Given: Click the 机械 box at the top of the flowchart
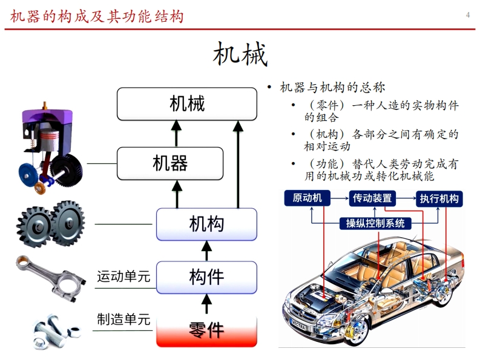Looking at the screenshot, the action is [187, 104].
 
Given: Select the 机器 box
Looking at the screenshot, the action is [170, 163].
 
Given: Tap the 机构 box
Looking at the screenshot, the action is [206, 224].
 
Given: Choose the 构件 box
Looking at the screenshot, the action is [206, 277].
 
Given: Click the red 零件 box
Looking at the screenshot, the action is [206, 331].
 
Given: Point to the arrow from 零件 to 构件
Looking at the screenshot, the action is [206, 304].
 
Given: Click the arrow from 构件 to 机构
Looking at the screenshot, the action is [206, 250].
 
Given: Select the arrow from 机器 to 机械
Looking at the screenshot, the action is [176, 134].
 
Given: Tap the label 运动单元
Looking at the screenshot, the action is [123, 277].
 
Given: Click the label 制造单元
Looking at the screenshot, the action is [123, 319].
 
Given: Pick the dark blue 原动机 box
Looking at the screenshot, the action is [307, 198].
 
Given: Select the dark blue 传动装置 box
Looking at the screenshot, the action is [372, 198].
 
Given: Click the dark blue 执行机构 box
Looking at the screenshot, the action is [439, 198].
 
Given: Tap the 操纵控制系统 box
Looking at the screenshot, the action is [375, 223].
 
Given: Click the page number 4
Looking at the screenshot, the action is [468, 15].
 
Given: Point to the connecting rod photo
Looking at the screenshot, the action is [50, 278].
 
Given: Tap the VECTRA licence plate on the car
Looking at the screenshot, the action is [298, 325].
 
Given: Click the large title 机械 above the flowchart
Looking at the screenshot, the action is [240, 54].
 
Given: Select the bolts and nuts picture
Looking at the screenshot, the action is [57, 332].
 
